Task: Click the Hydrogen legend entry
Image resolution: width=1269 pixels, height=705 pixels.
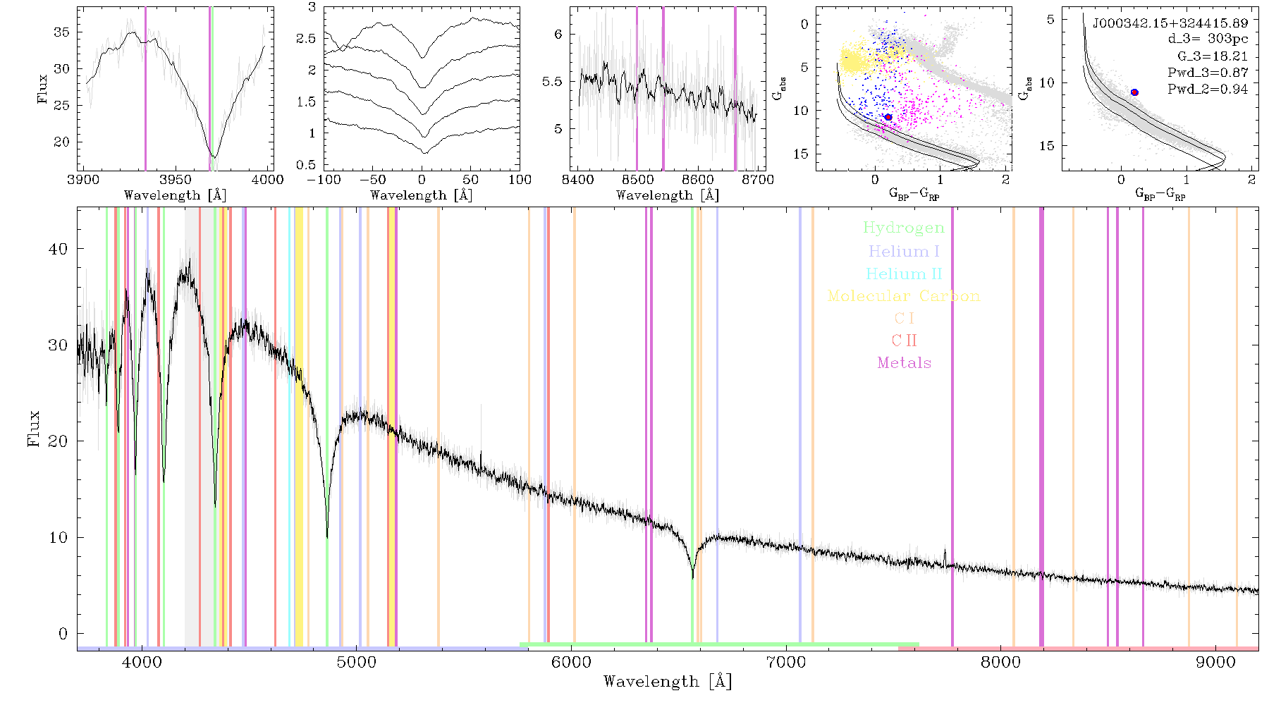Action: [903, 228]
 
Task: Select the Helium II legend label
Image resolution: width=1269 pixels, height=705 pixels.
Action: [904, 274]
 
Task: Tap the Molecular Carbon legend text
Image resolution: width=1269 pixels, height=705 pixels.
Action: [904, 296]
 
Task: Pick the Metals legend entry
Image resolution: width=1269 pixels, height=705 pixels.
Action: [904, 362]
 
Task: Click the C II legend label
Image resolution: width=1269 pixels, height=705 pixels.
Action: [904, 341]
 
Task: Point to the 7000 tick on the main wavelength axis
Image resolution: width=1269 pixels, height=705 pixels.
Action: [785, 662]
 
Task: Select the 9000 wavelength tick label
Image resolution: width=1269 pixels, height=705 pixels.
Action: [1215, 662]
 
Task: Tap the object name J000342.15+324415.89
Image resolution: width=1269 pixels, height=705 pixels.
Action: [1170, 23]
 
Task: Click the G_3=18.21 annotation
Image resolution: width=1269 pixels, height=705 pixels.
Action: [1213, 56]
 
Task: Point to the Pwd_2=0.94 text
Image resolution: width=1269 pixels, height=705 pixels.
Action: [1208, 89]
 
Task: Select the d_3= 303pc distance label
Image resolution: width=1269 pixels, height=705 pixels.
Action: [1208, 39]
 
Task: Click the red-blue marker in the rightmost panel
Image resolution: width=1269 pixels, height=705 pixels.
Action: [1134, 92]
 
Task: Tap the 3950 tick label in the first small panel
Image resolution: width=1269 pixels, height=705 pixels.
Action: [176, 179]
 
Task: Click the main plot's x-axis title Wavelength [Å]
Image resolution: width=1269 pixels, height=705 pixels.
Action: [668, 682]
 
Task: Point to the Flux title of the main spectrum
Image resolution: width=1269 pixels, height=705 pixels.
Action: [33, 429]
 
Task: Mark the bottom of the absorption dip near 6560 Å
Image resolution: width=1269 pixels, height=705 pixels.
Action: [692, 578]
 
